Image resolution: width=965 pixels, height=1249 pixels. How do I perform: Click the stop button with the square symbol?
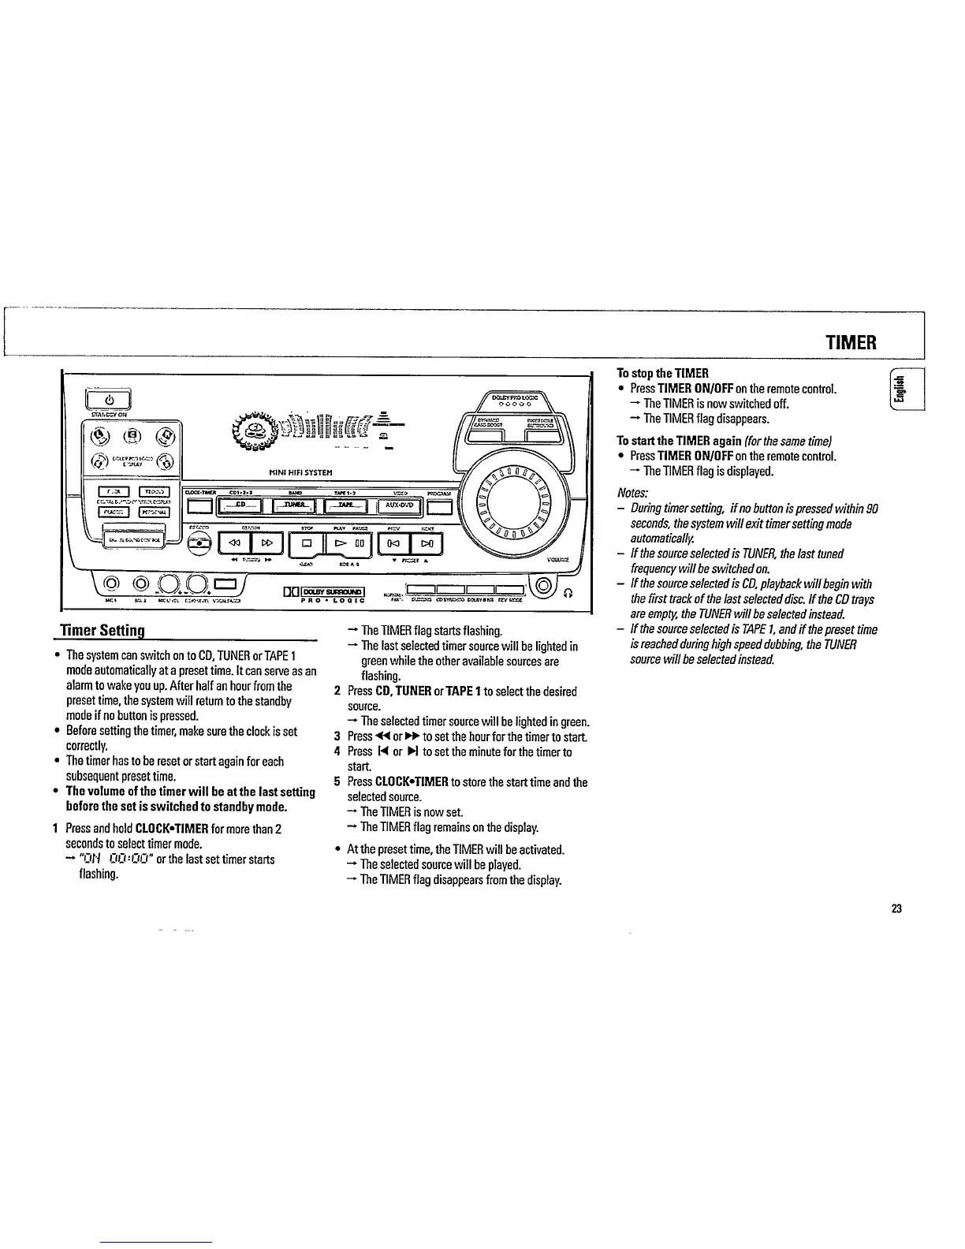point(307,542)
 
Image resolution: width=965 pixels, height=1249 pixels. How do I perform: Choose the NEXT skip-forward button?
point(427,542)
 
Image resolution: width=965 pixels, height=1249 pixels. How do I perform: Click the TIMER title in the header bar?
point(851,343)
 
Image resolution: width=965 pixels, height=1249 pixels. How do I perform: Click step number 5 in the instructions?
point(337,782)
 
